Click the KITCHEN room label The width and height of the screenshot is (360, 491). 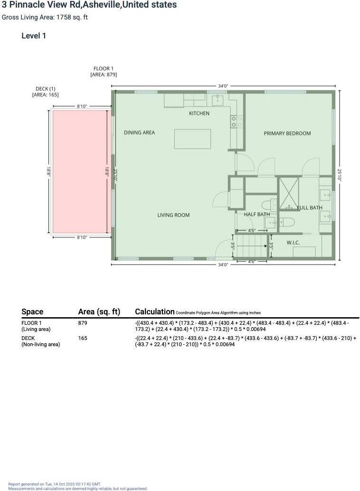(x=199, y=113)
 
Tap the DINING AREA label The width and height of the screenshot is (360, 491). (x=139, y=132)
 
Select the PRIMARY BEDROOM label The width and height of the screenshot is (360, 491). (x=287, y=133)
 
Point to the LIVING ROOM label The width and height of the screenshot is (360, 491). (x=173, y=215)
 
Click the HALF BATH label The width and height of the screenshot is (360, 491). (x=256, y=214)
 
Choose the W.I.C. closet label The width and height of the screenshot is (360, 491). (x=293, y=243)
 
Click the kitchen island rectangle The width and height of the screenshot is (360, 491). (x=192, y=139)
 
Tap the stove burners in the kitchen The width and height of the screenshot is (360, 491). (x=237, y=122)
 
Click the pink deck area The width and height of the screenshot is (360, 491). (x=80, y=171)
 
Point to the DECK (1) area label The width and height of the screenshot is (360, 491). (x=46, y=92)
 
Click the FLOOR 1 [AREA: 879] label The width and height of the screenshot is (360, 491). (x=104, y=72)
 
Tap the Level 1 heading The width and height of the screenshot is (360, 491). (x=34, y=36)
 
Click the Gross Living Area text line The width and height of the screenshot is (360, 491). (x=45, y=18)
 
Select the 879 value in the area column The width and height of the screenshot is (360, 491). (x=83, y=323)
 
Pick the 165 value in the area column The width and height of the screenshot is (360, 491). (x=83, y=338)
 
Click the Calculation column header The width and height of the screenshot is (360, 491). (x=154, y=312)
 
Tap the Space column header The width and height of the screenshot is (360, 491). (x=32, y=312)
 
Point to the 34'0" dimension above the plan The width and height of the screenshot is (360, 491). (x=223, y=86)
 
